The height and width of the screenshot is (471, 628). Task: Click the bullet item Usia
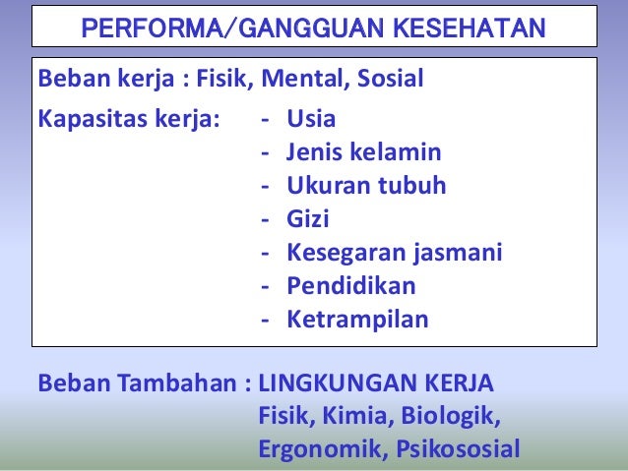tap(311, 120)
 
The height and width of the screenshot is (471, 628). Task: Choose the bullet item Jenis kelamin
tap(363, 153)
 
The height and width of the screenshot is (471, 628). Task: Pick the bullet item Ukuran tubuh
tap(366, 187)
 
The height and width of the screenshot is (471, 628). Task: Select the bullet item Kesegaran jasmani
tap(394, 254)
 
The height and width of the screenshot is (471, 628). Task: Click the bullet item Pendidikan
tap(350, 286)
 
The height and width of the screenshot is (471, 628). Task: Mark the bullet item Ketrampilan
tap(357, 320)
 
